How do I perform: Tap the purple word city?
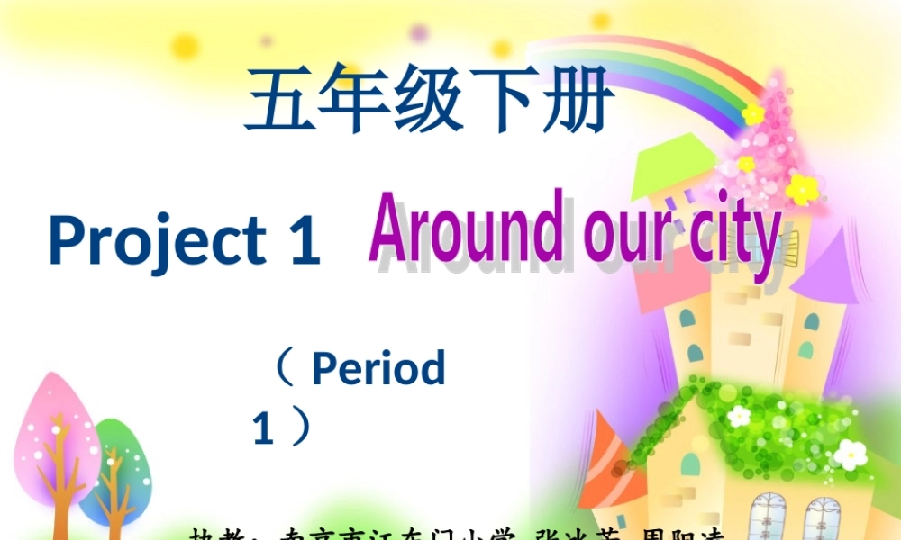coord(733,236)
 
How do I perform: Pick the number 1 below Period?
coord(263,427)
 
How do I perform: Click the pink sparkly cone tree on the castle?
coord(766,144)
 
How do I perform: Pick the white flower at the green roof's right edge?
coord(850,454)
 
